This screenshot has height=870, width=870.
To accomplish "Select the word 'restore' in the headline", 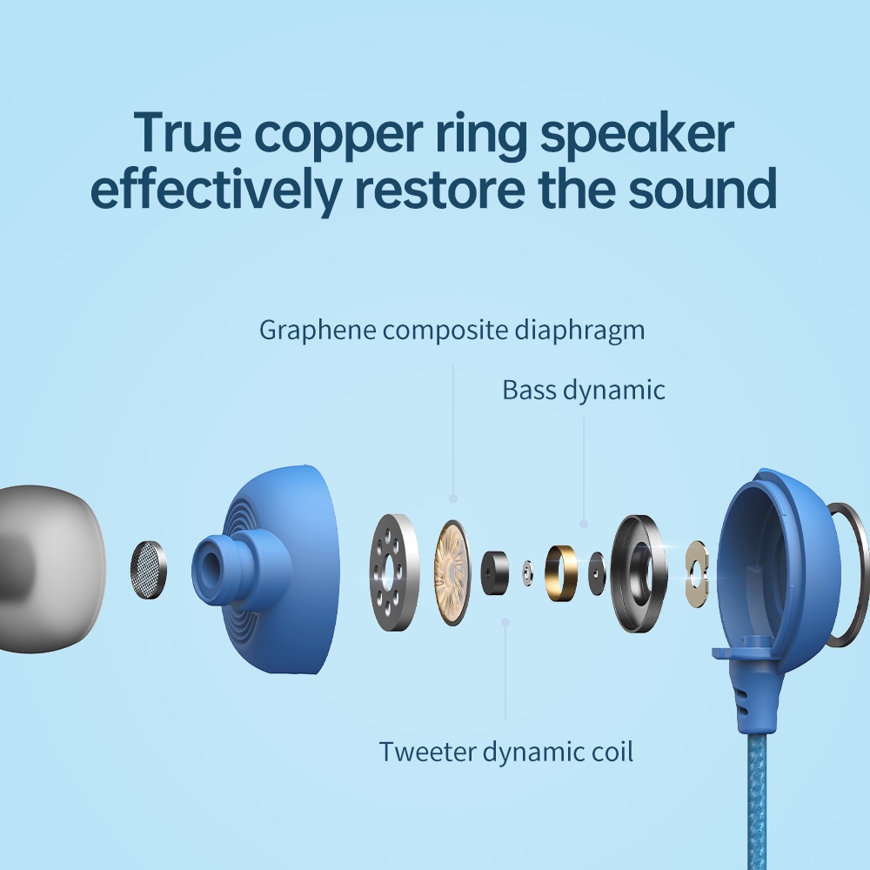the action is (438, 188).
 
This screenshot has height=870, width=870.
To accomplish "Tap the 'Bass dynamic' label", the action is (583, 391).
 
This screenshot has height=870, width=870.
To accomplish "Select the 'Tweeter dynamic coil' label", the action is (505, 753).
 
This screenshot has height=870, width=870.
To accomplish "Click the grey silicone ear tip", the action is (50, 569).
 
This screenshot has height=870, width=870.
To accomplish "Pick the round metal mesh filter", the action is (148, 570).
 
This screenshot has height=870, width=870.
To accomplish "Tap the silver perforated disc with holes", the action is (394, 572).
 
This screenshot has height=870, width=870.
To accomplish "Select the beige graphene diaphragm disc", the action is (452, 572).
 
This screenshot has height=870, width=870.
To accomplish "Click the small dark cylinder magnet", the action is (494, 572).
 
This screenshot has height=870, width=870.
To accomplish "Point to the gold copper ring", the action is (560, 573).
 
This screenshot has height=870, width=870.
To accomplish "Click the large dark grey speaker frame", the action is (638, 573).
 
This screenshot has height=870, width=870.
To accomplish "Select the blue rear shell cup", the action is (777, 572).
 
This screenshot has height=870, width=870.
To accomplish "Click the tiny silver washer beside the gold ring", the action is (528, 573).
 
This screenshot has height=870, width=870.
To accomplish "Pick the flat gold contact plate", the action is (697, 573).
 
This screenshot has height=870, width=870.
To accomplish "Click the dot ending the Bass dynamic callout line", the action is (583, 525).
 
